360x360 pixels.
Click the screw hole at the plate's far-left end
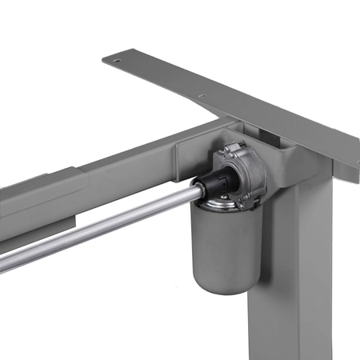[117, 61]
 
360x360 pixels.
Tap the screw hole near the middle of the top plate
[202, 96]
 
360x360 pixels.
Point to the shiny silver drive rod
[96, 228]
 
